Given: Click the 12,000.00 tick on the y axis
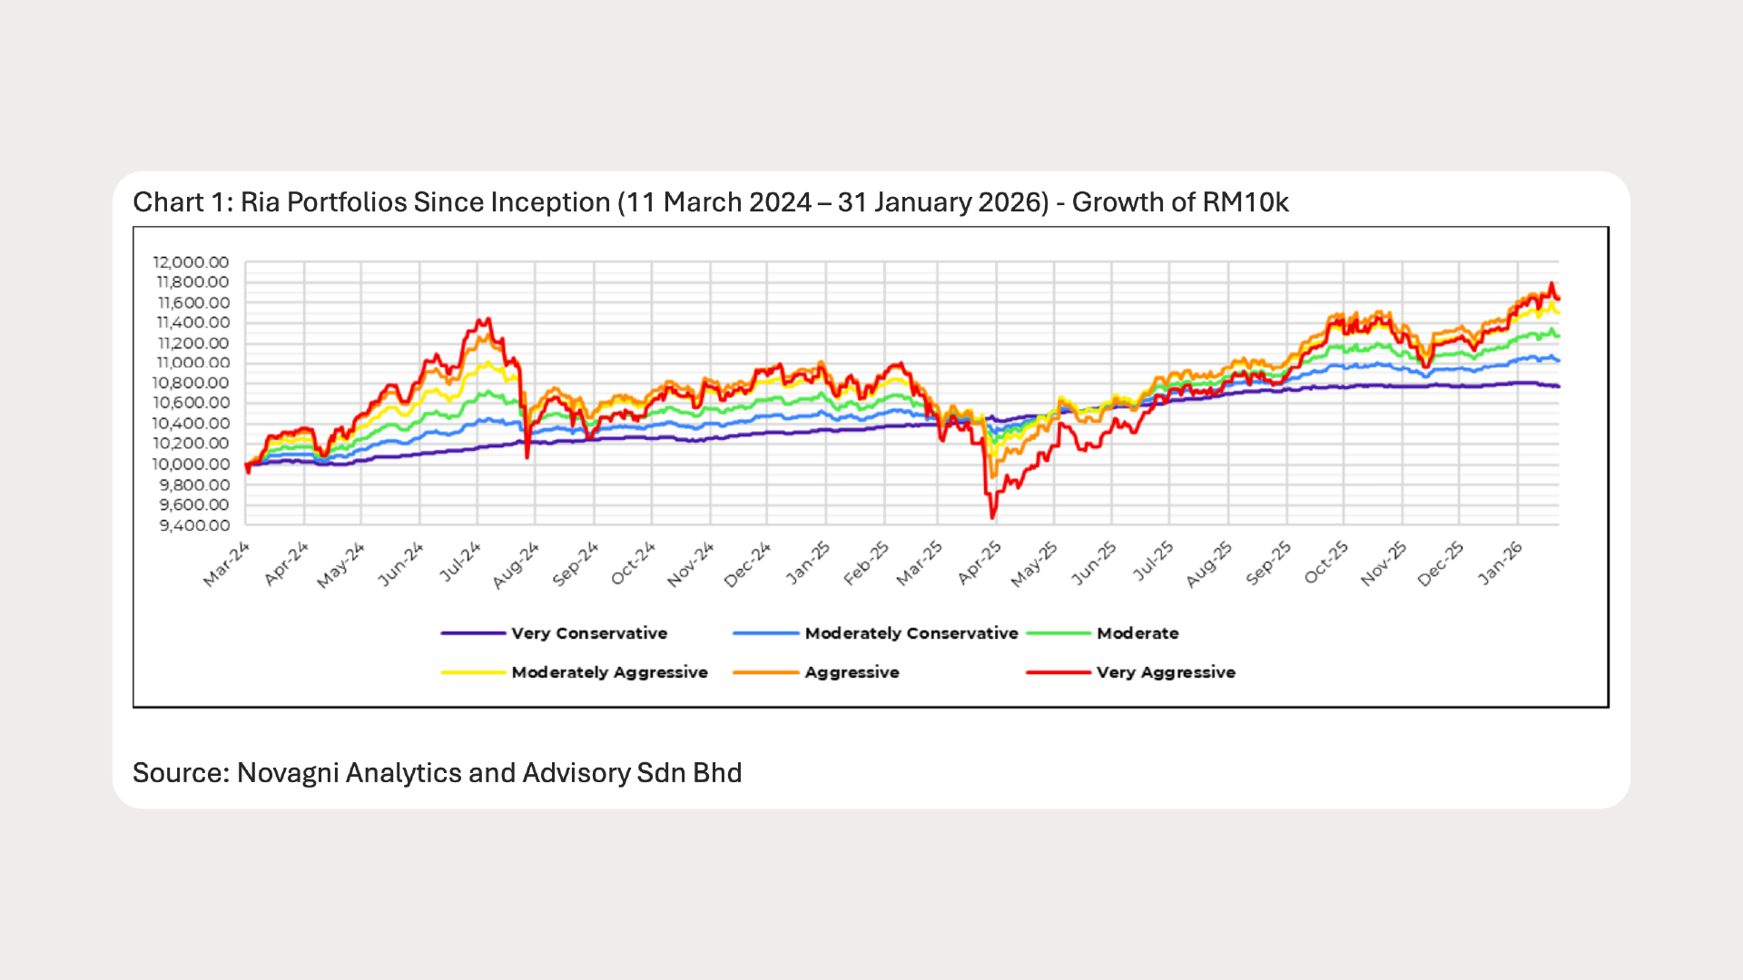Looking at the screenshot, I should click(192, 262).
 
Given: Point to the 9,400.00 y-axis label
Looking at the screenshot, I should click(193, 525).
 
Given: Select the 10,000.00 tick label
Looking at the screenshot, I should click(191, 464).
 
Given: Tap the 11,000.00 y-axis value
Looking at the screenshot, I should click(192, 363).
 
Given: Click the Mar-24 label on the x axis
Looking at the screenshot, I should click(226, 564).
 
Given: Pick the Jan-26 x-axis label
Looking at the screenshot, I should click(1501, 563).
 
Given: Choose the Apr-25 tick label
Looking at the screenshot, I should click(980, 563).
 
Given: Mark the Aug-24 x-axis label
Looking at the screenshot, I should click(517, 565).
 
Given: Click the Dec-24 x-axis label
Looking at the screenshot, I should click(748, 564).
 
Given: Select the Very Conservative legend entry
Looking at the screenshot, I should click(588, 633).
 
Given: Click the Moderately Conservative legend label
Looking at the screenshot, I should click(911, 633).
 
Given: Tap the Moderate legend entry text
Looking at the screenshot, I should click(1137, 633).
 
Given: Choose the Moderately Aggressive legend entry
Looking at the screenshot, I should click(609, 672).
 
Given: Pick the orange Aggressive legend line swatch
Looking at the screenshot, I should click(765, 672).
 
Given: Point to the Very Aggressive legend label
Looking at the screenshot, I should click(1166, 672).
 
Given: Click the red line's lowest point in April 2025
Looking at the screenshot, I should click(992, 518).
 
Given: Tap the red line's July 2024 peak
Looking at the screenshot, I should click(487, 318).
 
